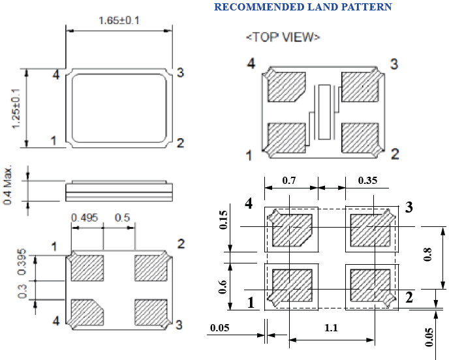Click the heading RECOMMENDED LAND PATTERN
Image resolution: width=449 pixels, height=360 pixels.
[x=303, y=7]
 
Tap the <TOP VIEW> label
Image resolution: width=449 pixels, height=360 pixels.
[x=283, y=37]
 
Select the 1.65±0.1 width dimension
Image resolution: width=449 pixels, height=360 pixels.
[x=119, y=20]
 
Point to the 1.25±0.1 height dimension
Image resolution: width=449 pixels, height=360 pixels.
[x=16, y=108]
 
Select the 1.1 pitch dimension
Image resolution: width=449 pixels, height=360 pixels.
[x=331, y=328]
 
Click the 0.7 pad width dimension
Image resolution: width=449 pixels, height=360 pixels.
[x=290, y=179]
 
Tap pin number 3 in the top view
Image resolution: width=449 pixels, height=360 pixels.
[x=394, y=64]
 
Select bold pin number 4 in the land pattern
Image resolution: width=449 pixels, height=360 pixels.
[x=249, y=204]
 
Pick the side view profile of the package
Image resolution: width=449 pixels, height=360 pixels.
[x=119, y=190]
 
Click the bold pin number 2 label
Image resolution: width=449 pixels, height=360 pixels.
[x=409, y=298]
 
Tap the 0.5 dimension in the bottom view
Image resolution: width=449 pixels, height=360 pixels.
[x=121, y=217]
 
